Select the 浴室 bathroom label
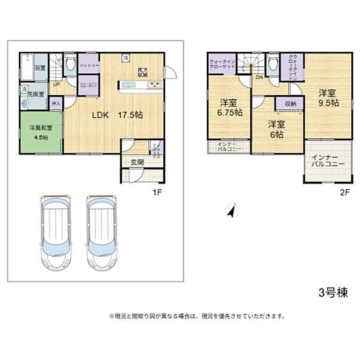click(x=39, y=69)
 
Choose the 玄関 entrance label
click(x=137, y=163)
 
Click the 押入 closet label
click(x=56, y=104)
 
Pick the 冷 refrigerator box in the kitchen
click(x=126, y=58)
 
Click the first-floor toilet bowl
click(x=70, y=64)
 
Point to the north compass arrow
click(x=232, y=211)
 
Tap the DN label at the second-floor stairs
click(x=259, y=77)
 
